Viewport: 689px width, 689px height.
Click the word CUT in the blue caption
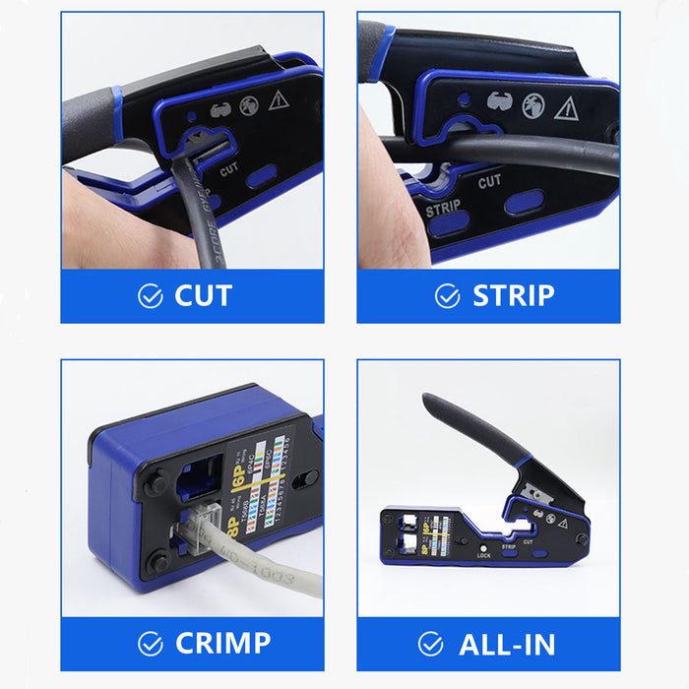[x=203, y=295]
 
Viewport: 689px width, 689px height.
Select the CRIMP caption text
[x=222, y=643]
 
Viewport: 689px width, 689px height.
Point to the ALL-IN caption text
[x=507, y=644]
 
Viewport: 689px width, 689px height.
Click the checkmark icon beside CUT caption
[x=150, y=296]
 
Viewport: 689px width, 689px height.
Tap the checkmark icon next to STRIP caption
[x=447, y=296]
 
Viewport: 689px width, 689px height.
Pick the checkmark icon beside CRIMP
[x=150, y=644]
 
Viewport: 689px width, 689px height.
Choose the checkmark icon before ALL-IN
[x=430, y=644]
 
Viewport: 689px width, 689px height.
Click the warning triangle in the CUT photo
[x=279, y=98]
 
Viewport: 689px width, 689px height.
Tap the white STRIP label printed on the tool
[x=443, y=209]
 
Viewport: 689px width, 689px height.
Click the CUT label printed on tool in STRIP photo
[x=490, y=181]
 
